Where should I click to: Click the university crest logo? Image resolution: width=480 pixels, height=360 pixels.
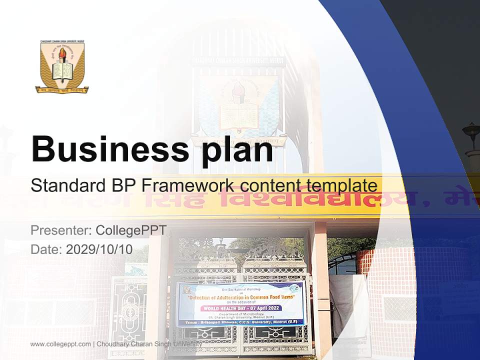(62, 67)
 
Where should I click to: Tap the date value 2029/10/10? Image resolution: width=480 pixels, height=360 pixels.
(99, 249)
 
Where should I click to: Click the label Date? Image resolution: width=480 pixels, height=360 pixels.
(46, 249)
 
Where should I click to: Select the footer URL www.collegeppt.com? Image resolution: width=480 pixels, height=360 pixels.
(60, 344)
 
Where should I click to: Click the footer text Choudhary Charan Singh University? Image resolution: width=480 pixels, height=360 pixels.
(149, 344)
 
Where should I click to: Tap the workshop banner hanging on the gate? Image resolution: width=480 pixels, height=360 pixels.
(240, 304)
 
